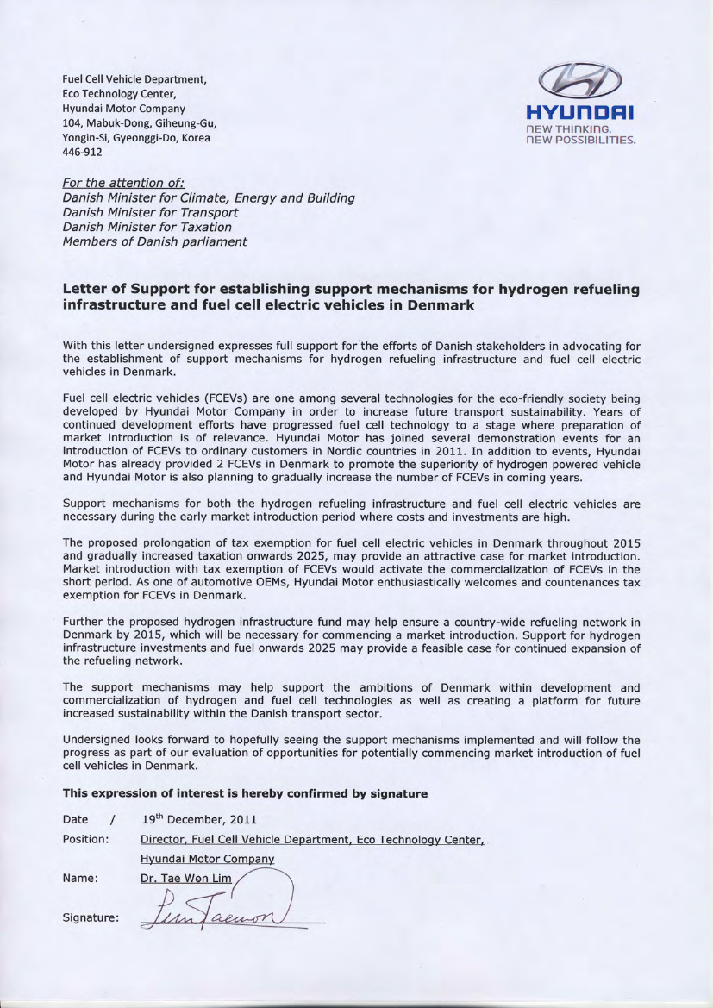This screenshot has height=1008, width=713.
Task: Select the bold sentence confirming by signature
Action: coord(245,793)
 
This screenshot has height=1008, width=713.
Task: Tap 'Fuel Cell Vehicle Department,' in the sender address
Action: coord(134,80)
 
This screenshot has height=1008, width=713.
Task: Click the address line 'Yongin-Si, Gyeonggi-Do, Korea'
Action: coord(136,138)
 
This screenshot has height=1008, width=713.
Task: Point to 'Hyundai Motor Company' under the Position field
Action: coord(207,859)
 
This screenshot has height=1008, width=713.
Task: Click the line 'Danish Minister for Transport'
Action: coord(151,212)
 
